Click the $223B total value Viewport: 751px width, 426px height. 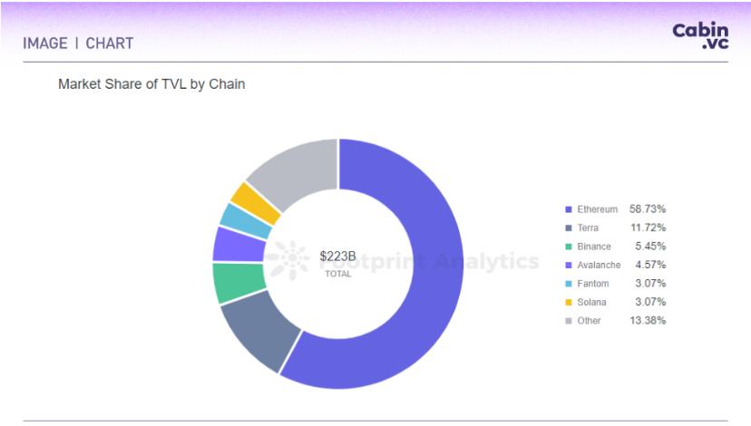tap(337, 257)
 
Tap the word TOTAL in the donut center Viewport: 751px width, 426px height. tap(337, 274)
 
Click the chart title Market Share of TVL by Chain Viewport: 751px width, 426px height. tap(151, 84)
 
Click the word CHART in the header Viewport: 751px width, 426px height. tap(110, 43)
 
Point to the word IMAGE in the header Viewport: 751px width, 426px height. tap(45, 43)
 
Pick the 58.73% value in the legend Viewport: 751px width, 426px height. tap(648, 209)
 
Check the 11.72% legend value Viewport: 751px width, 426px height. tap(648, 228)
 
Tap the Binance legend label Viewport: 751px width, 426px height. tap(594, 247)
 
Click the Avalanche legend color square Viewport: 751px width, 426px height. tap(568, 266)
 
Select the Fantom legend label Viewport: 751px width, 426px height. tap(593, 284)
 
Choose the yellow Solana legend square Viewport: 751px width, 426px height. tap(568, 303)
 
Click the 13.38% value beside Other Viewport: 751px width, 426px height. tap(648, 321)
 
